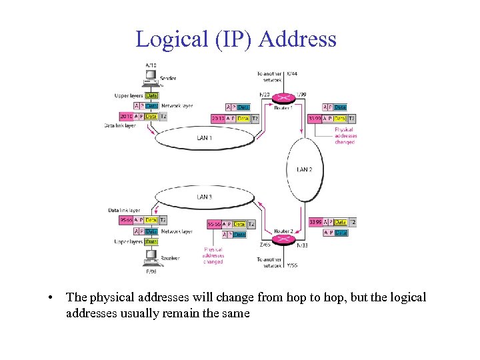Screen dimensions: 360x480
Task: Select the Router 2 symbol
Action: point(283,239)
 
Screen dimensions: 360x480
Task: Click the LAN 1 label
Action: point(204,138)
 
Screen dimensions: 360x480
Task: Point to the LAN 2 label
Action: point(304,169)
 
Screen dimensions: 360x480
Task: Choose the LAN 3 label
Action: point(204,197)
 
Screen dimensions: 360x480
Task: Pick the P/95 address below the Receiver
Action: point(151,271)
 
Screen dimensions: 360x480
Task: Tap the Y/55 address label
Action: point(292,265)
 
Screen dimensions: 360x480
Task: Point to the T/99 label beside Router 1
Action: point(301,94)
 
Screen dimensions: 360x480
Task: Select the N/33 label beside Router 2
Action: point(302,245)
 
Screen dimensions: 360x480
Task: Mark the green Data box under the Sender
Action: point(152,95)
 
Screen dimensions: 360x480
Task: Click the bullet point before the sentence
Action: point(51,297)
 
